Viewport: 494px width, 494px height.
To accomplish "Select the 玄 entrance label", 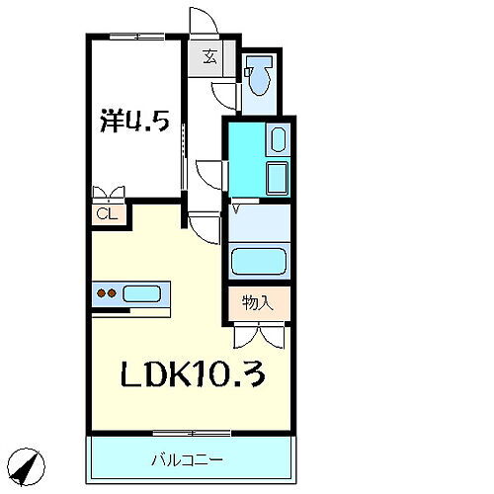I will tap(209, 57).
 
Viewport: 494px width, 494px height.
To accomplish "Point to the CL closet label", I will tap(104, 211).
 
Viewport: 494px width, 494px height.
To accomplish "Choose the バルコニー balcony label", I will tap(187, 459).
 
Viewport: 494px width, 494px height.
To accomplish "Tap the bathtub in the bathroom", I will tap(258, 263).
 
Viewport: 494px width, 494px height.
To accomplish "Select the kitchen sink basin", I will tap(144, 293).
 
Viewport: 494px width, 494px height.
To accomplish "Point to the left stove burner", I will tap(101, 293).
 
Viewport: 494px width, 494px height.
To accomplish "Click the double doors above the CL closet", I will tap(106, 193).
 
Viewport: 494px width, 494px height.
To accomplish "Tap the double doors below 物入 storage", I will tap(259, 336).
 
